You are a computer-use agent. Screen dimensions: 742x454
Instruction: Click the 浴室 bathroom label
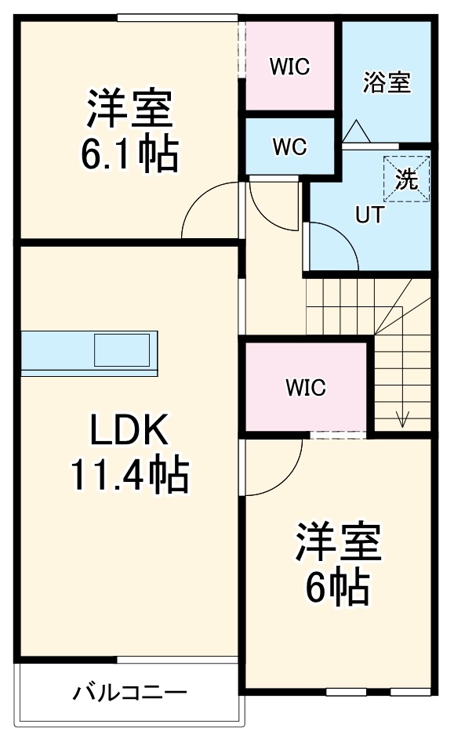[x=387, y=82]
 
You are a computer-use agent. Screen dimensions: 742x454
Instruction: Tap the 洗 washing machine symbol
[x=407, y=179]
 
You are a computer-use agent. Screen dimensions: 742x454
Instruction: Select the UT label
[x=369, y=215]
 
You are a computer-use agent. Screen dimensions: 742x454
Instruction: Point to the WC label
[x=289, y=147]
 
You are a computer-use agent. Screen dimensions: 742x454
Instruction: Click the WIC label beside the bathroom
[x=289, y=67]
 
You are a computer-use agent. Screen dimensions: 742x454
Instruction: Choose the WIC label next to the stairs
[x=305, y=387]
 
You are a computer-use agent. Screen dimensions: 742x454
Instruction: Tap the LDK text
[x=129, y=429]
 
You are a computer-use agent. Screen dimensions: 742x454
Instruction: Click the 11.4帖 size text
[x=129, y=474]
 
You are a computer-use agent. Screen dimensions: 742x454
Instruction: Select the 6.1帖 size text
[x=129, y=154]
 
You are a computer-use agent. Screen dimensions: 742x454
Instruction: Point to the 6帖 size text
[x=337, y=587]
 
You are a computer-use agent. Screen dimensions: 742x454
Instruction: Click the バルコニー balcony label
[x=130, y=693]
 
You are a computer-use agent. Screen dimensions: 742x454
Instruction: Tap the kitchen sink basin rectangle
[x=122, y=349]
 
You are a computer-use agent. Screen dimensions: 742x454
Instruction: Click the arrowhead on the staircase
[x=403, y=419]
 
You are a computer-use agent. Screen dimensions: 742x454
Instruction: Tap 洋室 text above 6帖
[x=337, y=543]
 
